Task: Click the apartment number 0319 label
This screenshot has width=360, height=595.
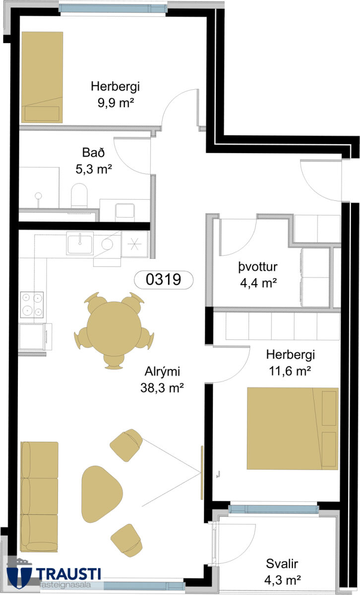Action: (164, 280)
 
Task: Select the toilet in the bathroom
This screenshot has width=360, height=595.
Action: (79, 196)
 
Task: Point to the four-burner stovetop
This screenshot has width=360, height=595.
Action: (32, 304)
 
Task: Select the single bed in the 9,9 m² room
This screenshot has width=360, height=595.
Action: (42, 77)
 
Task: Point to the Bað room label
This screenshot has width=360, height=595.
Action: (93, 153)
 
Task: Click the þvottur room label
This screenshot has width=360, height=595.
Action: (258, 267)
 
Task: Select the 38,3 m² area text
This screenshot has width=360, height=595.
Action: (162, 388)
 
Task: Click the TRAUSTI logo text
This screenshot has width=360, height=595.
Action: (68, 574)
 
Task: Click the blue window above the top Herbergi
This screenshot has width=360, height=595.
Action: (113, 8)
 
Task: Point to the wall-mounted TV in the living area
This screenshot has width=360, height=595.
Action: (202, 473)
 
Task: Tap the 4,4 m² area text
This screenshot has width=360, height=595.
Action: (258, 283)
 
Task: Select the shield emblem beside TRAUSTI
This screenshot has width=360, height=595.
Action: (19, 575)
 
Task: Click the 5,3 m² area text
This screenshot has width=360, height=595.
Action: (94, 169)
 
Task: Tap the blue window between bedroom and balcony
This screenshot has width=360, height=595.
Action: (274, 509)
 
